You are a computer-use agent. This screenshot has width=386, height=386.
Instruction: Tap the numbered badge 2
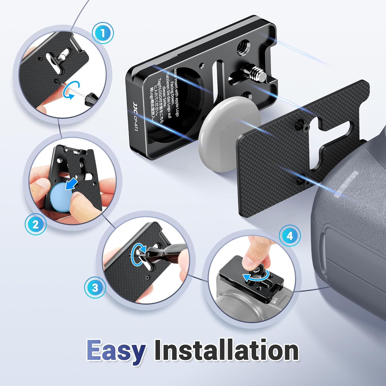(36, 224)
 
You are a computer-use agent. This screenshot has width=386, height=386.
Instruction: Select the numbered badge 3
(95, 287)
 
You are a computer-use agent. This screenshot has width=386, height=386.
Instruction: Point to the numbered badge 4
(290, 236)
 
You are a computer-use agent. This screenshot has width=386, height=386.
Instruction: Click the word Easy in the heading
(116, 350)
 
